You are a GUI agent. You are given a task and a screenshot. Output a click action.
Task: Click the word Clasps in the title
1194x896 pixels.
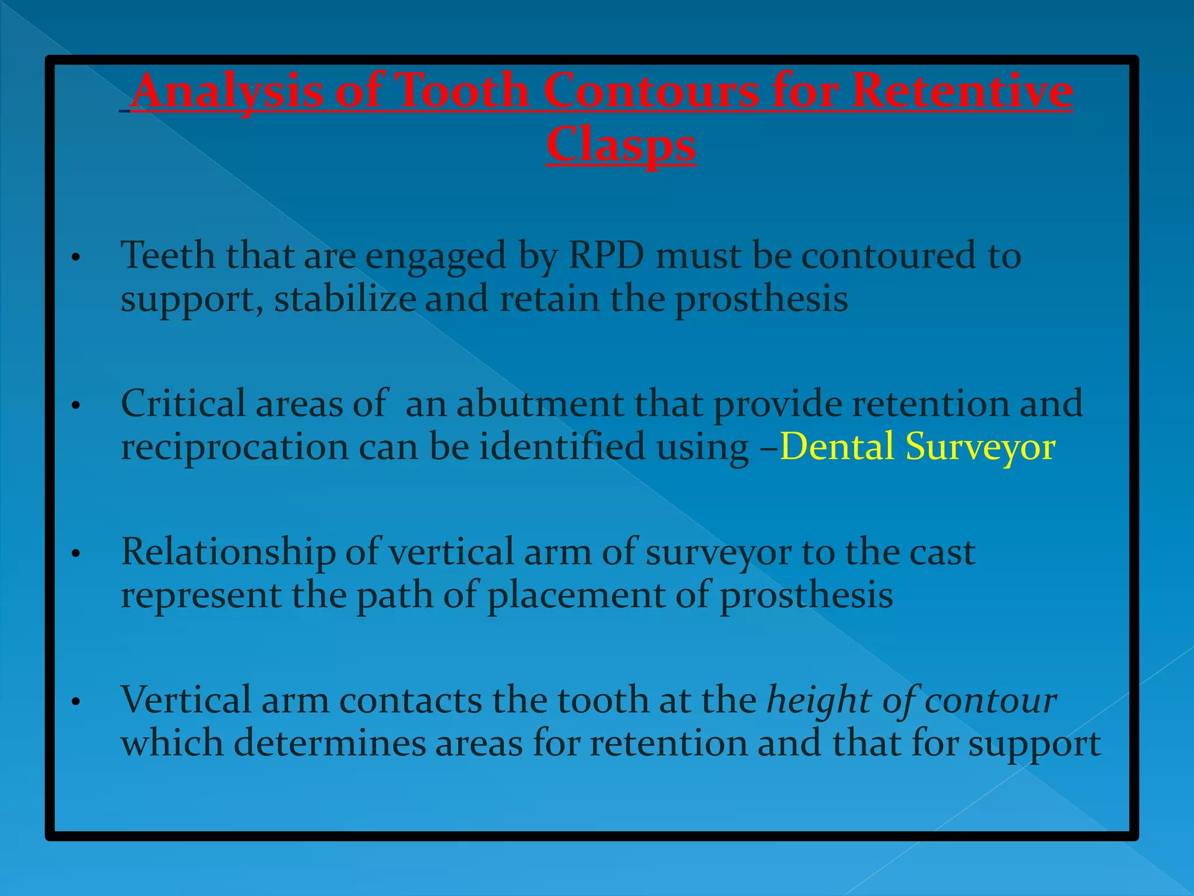[620, 144]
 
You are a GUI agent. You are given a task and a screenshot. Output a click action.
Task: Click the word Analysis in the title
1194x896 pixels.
[227, 91]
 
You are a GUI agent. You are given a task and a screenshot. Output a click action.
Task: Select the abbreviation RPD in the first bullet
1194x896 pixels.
[606, 255]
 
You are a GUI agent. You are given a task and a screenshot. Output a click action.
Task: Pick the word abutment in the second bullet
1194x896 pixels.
[540, 404]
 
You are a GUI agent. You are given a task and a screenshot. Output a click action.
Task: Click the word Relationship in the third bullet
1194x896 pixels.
[228, 552]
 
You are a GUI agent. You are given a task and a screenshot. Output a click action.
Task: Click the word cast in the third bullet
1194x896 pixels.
[942, 552]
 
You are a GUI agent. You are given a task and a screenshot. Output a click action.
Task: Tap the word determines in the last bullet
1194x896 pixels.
[330, 743]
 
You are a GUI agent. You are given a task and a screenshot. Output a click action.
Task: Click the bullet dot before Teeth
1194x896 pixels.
[75, 257]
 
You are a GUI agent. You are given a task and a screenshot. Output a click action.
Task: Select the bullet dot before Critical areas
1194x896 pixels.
[75, 405]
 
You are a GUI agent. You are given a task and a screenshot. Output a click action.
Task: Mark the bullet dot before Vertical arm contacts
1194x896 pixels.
[75, 702]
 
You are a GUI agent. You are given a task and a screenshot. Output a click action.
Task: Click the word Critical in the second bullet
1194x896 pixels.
[183, 404]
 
